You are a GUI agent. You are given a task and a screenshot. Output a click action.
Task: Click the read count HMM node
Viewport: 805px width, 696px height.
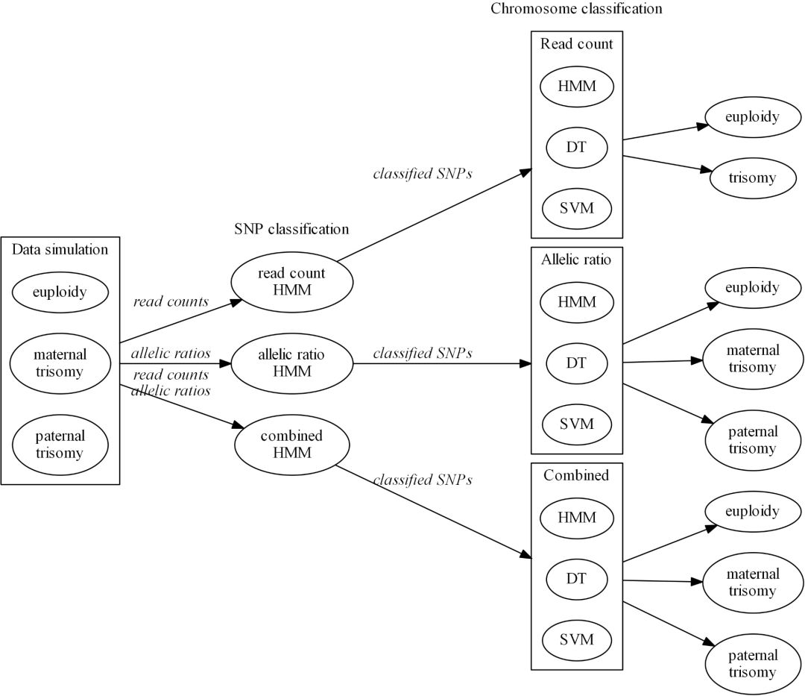(291, 282)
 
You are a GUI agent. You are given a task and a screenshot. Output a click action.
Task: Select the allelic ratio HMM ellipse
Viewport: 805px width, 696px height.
(291, 363)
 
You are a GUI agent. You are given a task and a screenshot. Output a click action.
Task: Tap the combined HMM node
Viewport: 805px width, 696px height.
(291, 445)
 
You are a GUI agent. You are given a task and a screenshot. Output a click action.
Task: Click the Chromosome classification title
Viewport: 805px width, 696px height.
(576, 9)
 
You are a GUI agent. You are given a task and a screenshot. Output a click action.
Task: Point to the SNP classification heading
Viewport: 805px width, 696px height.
(291, 229)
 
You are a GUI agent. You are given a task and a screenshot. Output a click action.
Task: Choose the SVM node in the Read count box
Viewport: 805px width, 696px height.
(576, 207)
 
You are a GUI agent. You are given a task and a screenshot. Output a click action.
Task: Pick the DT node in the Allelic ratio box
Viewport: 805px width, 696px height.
(576, 363)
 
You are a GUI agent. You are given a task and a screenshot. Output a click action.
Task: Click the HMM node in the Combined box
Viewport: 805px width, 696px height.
(576, 517)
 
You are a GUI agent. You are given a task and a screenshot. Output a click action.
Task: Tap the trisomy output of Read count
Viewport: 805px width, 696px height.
(753, 178)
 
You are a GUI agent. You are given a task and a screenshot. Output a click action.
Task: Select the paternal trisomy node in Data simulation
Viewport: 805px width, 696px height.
(60, 445)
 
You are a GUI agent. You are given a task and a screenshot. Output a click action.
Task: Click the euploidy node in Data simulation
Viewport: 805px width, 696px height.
(60, 292)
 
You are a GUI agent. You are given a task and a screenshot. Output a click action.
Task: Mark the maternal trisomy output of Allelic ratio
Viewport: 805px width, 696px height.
(753, 359)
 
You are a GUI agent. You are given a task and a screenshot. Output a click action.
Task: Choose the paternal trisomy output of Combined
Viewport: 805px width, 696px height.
(753, 664)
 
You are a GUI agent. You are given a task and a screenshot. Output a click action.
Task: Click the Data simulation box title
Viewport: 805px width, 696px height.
(60, 249)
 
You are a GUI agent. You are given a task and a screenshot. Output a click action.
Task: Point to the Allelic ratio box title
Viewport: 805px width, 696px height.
(576, 260)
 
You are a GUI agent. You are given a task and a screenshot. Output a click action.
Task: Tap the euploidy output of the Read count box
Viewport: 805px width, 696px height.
(753, 117)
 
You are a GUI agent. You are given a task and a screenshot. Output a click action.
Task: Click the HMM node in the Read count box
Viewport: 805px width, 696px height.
(576, 86)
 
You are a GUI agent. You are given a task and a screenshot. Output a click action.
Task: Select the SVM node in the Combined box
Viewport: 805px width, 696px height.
(576, 639)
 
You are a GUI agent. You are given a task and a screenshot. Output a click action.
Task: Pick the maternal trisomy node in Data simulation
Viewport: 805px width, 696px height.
(60, 363)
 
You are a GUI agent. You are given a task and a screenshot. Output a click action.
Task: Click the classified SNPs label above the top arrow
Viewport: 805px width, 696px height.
(422, 174)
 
